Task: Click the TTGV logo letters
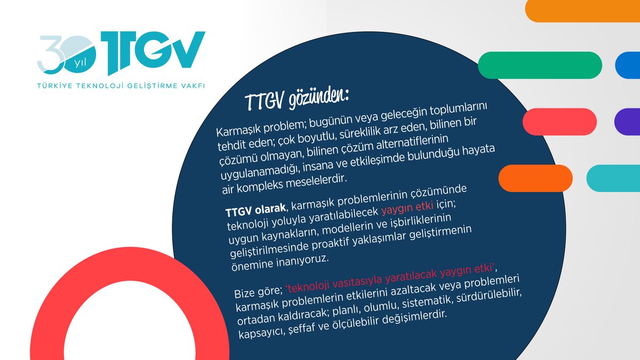click(155, 53)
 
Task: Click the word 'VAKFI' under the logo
click(193, 85)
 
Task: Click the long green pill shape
click(540, 65)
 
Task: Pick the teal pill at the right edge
click(613, 178)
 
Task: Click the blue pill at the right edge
click(628, 65)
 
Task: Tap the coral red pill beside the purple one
click(559, 121)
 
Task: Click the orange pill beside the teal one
click(535, 178)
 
